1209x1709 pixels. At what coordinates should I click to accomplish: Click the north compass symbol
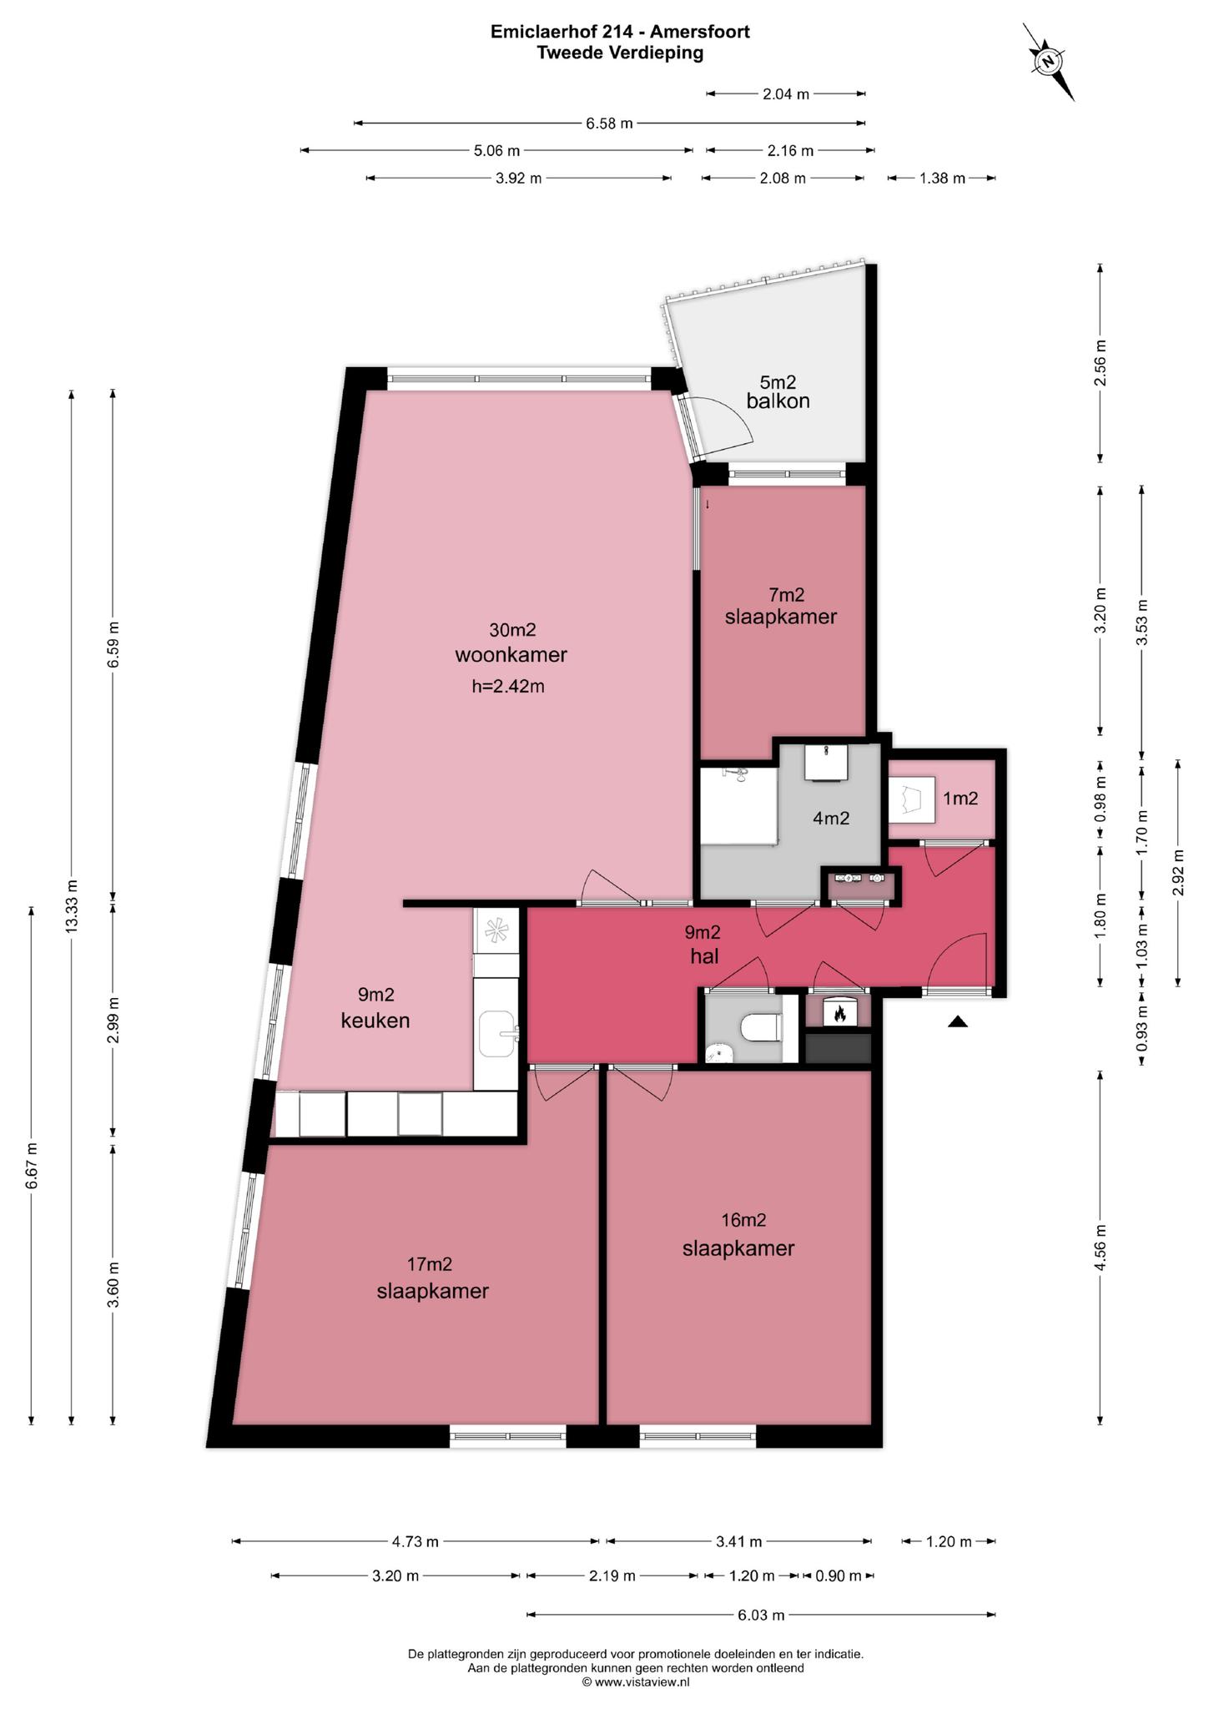point(1049,62)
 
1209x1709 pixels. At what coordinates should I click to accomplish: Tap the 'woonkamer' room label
point(511,654)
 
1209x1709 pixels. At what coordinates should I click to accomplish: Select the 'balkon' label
point(778,401)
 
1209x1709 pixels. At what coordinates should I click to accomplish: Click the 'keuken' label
point(375,1020)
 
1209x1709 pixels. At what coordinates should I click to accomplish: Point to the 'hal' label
point(704,956)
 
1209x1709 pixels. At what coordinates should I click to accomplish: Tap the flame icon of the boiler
point(838,1013)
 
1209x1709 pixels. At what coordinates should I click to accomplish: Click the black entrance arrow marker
point(958,1021)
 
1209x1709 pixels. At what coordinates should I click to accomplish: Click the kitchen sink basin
point(496,1032)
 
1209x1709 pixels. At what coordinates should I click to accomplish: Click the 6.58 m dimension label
point(609,124)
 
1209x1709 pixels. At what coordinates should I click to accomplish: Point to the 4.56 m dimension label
point(1101,1247)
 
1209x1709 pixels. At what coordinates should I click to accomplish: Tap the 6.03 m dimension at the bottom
point(761,1615)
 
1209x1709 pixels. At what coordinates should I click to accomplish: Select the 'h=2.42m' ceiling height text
point(508,687)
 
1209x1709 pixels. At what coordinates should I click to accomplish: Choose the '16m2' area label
point(743,1220)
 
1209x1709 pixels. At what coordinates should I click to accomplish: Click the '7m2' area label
point(786,595)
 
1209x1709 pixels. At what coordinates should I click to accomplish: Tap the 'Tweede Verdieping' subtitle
point(620,53)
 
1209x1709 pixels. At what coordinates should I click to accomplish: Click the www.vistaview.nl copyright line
point(636,1682)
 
